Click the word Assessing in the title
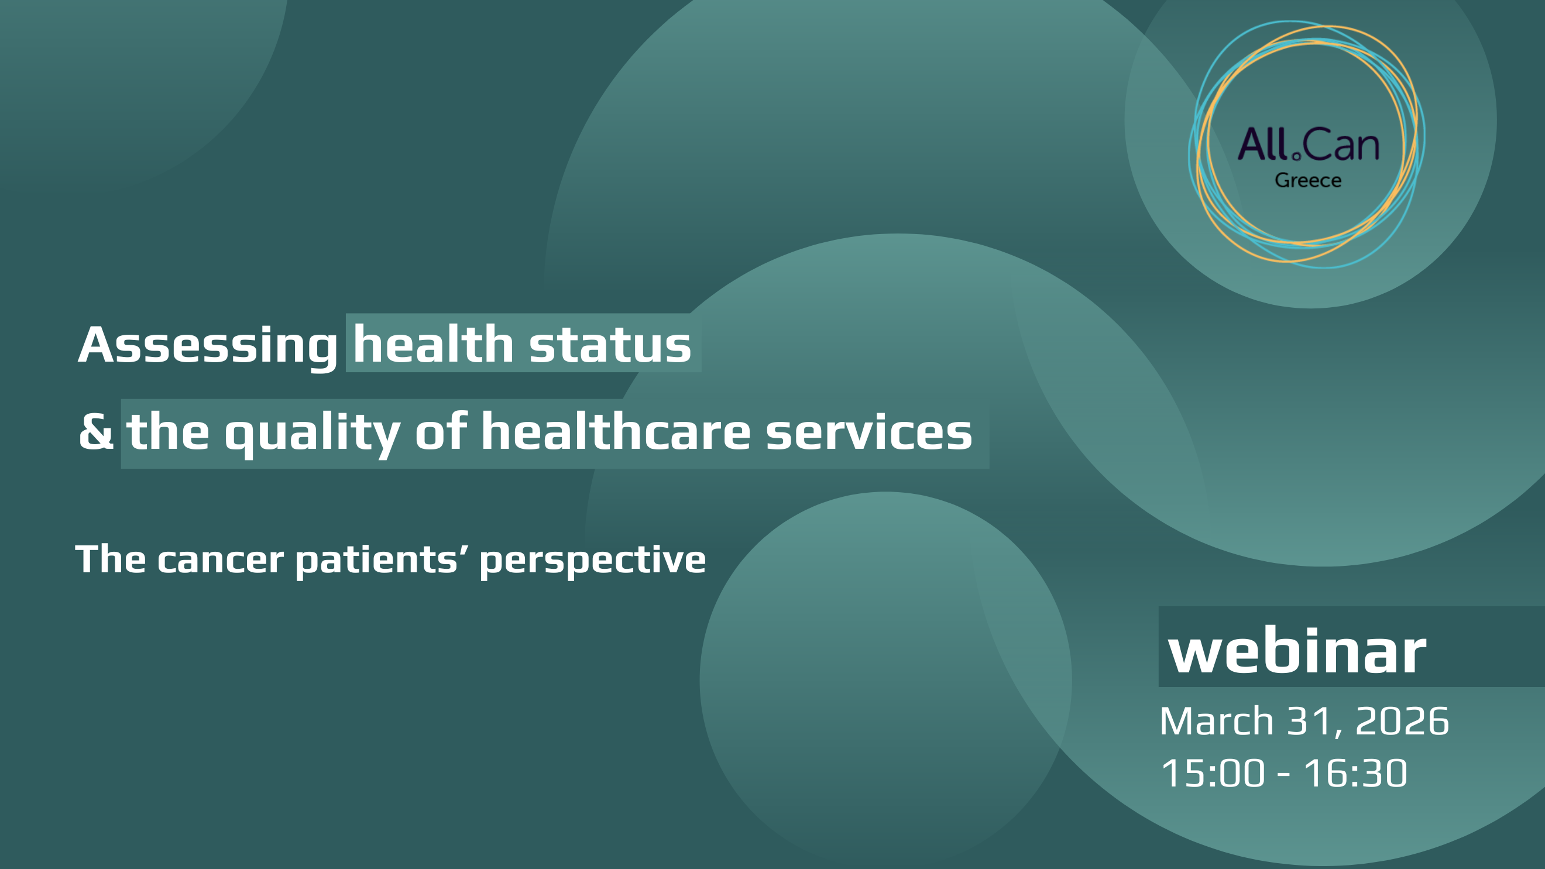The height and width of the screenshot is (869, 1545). click(x=208, y=346)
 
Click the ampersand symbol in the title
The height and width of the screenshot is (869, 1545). click(x=96, y=432)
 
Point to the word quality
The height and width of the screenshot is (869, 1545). click(x=312, y=433)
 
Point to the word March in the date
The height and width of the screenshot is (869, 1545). click(x=1216, y=721)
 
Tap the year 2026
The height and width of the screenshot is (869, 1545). click(x=1402, y=722)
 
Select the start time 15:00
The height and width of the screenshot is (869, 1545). click(x=1213, y=773)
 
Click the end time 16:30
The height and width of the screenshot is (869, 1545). click(x=1355, y=773)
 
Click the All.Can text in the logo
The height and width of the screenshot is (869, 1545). click(x=1308, y=145)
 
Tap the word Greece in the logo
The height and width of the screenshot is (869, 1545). click(x=1307, y=180)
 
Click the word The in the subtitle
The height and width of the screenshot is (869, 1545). click(x=111, y=559)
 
